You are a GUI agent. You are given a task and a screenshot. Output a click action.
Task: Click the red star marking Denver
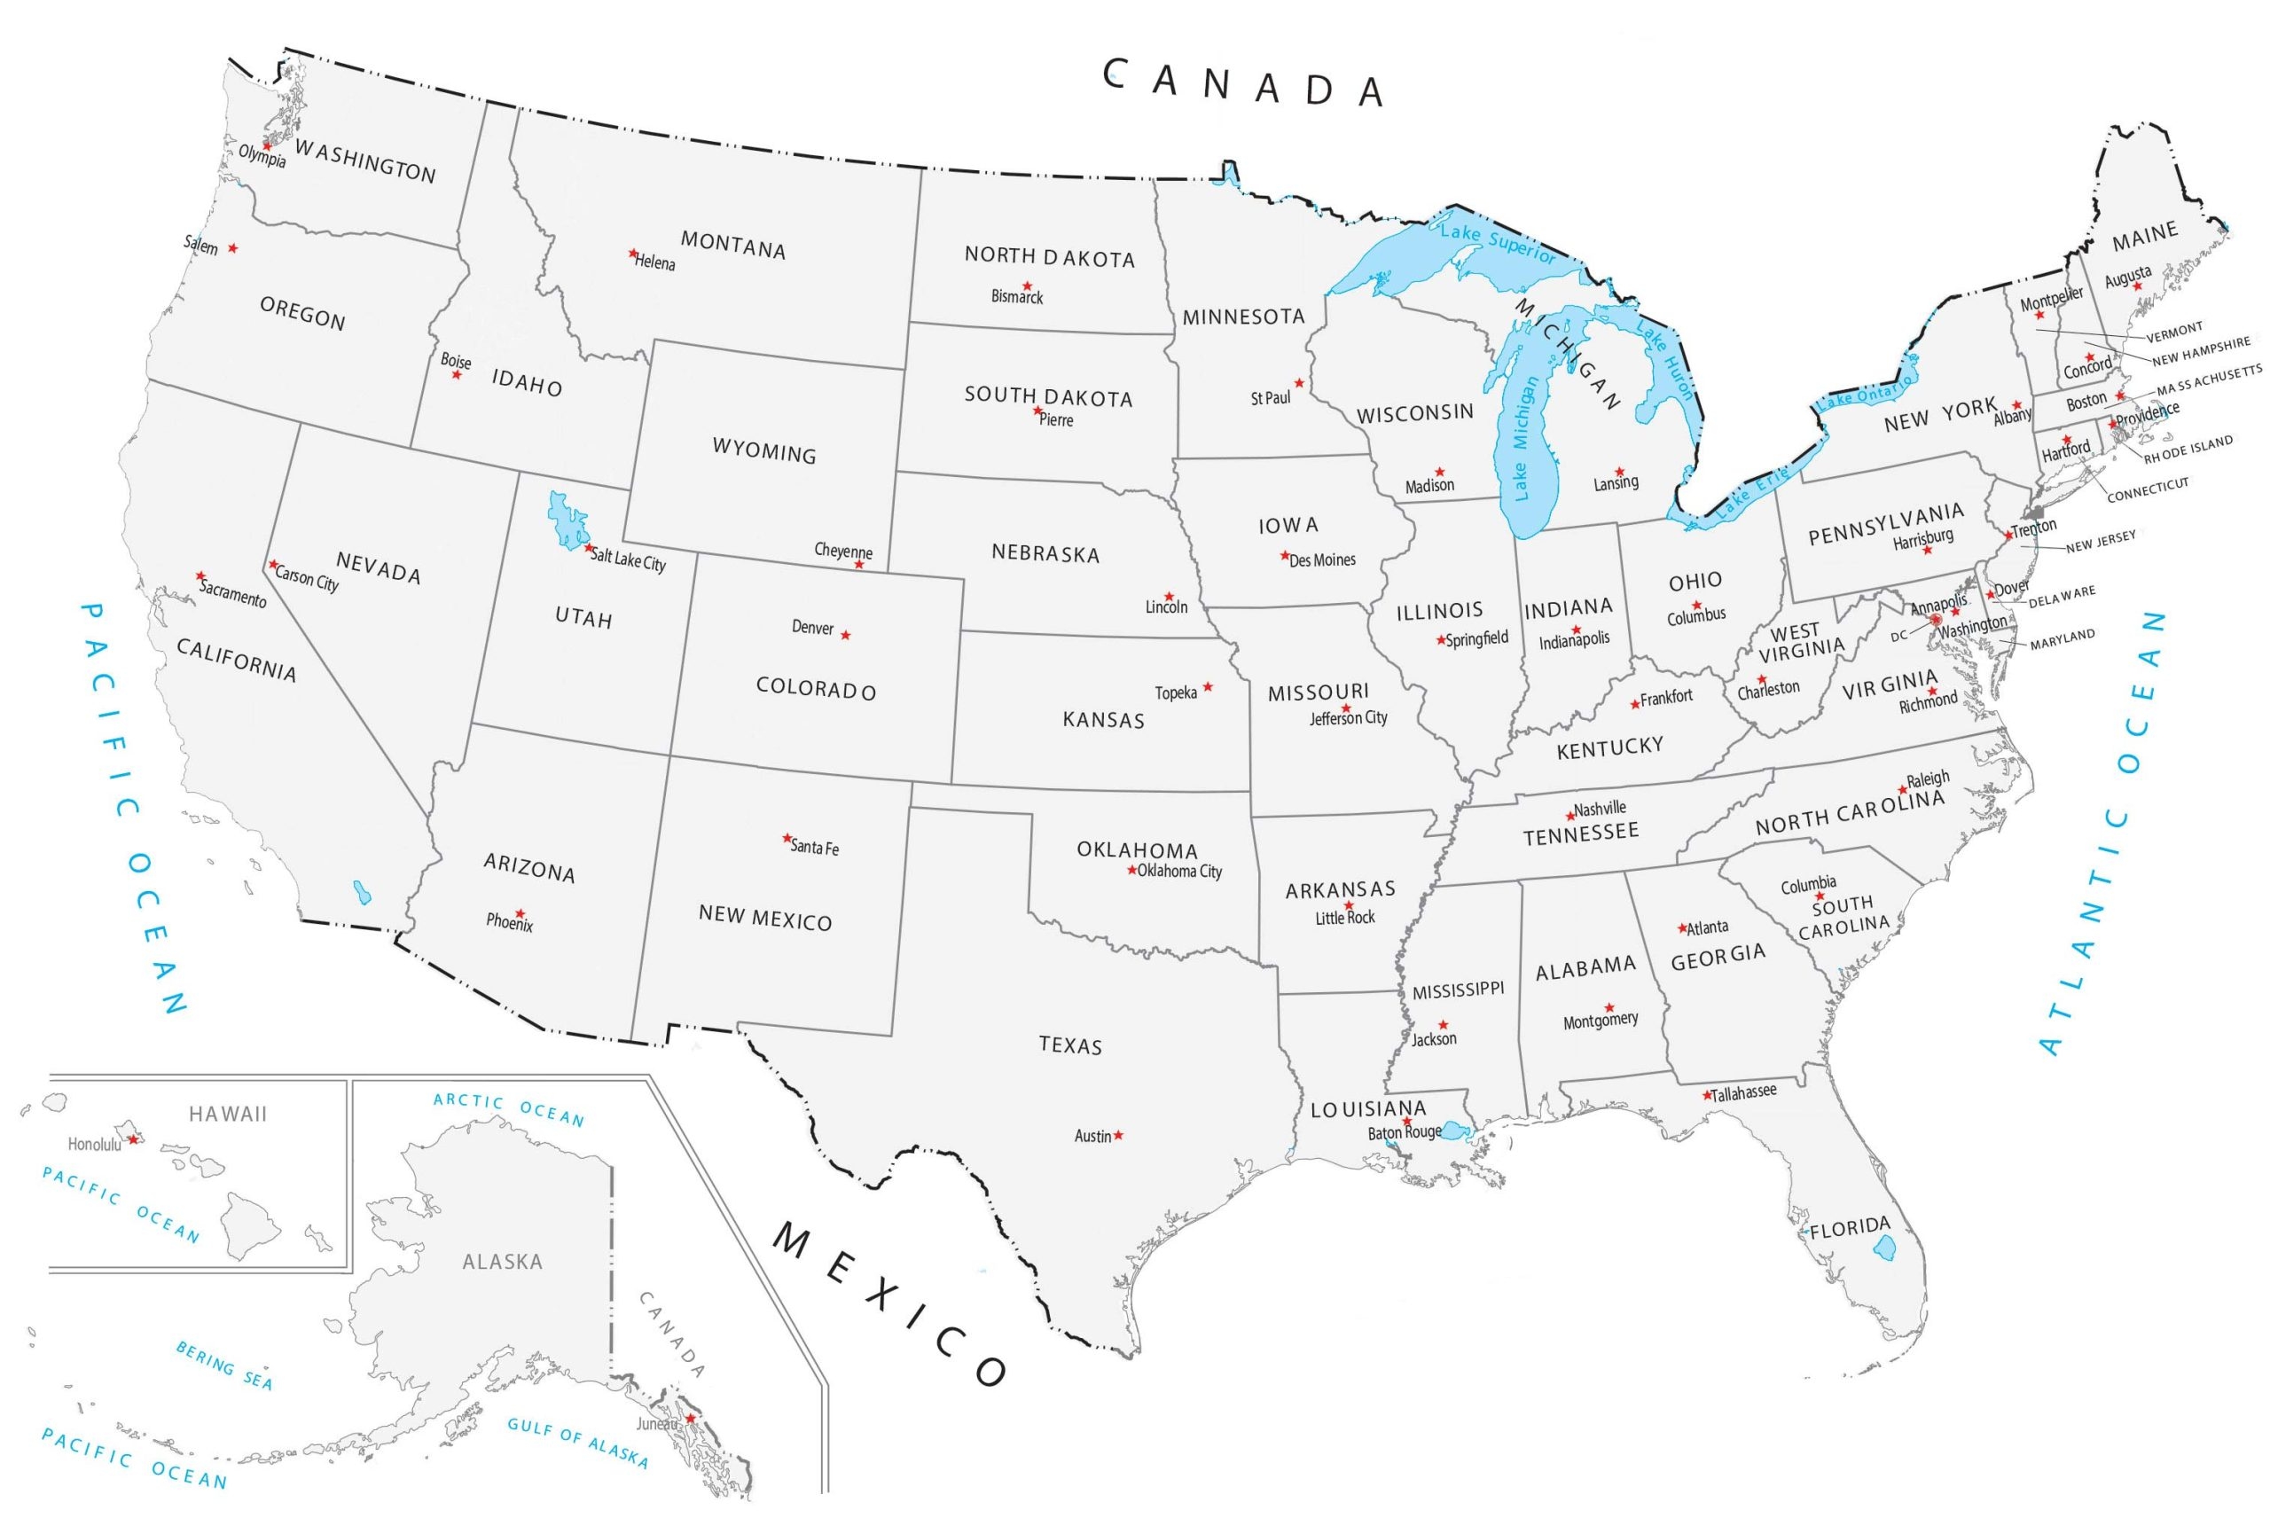pyautogui.click(x=845, y=635)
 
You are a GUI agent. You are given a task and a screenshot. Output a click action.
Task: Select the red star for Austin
pyautogui.click(x=1118, y=1135)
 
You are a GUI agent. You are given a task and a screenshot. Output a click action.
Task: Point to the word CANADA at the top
pyautogui.click(x=1244, y=84)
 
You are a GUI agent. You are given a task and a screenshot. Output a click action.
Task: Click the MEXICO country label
pyautogui.click(x=890, y=1303)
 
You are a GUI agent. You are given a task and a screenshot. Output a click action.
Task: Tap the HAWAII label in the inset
pyautogui.click(x=228, y=1115)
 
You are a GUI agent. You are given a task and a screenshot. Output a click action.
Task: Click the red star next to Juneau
pyautogui.click(x=690, y=1419)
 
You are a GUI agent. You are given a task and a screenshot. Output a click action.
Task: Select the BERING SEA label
pyautogui.click(x=223, y=1365)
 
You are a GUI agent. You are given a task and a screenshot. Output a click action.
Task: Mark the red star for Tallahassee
pyautogui.click(x=1707, y=1096)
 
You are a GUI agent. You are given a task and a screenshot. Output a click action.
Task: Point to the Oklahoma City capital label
pyautogui.click(x=1179, y=872)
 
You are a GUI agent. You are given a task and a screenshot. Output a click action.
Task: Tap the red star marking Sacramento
pyautogui.click(x=200, y=576)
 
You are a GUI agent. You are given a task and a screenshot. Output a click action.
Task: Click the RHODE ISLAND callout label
pyautogui.click(x=2188, y=450)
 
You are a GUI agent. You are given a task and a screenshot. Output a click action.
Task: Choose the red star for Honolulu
pyautogui.click(x=134, y=1139)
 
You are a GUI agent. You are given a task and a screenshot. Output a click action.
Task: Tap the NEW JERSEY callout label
pyautogui.click(x=2101, y=541)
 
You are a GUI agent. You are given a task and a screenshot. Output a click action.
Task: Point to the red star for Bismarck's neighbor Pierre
pyautogui.click(x=1037, y=411)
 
